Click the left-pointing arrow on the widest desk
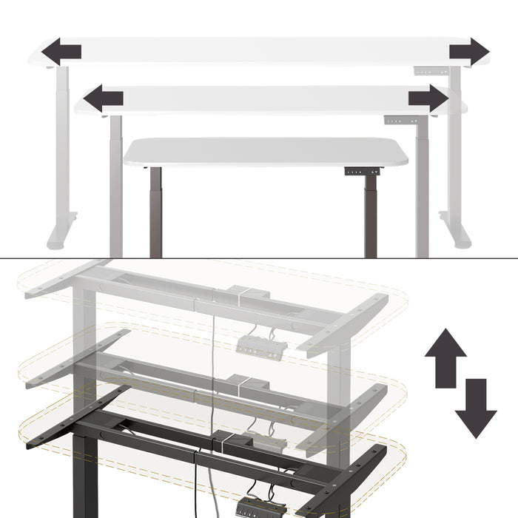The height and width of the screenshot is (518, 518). tap(61, 53)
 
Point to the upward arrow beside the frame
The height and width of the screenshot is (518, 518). tap(445, 354)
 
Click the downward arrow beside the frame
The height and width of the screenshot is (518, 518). tap(476, 408)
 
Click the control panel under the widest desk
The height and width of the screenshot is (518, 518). tap(430, 71)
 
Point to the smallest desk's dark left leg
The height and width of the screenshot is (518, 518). tap(155, 211)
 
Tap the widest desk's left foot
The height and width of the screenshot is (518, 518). tap(60, 232)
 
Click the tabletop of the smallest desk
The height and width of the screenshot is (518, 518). tap(266, 152)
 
